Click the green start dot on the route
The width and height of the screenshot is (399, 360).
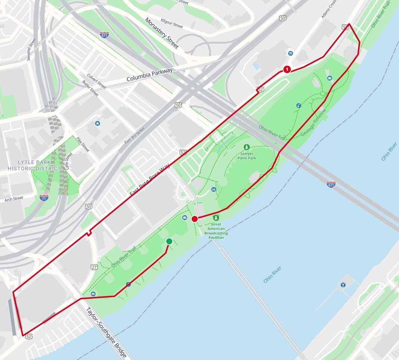(x=169, y=241)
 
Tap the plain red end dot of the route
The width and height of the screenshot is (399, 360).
(x=194, y=219)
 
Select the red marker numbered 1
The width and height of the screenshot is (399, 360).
(x=287, y=69)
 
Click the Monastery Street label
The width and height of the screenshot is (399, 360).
(x=162, y=33)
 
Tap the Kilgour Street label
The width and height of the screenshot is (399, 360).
(x=172, y=23)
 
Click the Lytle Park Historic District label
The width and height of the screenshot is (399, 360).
(x=34, y=166)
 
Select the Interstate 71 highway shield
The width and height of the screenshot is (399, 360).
(x=44, y=198)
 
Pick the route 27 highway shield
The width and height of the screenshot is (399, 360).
(x=94, y=267)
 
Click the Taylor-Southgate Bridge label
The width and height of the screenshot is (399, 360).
(x=106, y=333)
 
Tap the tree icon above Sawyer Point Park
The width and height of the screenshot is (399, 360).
(x=246, y=147)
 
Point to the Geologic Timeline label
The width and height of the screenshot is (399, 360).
(x=313, y=122)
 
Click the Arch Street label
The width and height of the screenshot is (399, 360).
(x=14, y=199)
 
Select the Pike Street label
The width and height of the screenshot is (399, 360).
(x=83, y=144)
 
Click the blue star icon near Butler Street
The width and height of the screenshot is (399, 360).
(x=97, y=123)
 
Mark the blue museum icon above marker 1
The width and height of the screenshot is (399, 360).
(x=290, y=54)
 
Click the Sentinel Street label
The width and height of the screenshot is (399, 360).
(x=31, y=49)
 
